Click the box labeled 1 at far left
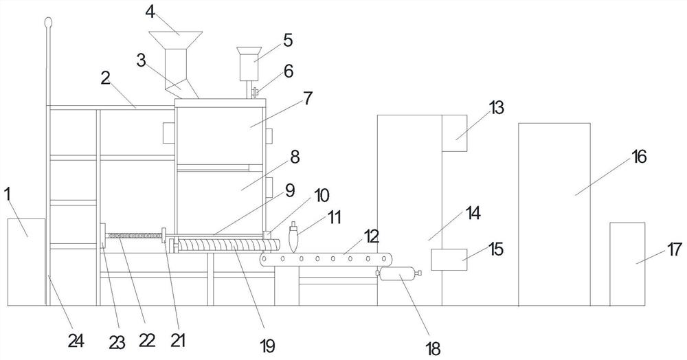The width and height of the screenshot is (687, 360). (x=26, y=261)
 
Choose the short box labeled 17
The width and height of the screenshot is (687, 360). (x=627, y=264)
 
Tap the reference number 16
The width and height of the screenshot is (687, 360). (x=639, y=157)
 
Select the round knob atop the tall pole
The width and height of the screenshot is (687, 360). (x=47, y=23)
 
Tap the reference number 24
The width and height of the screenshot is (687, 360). (x=76, y=339)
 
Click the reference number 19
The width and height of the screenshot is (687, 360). (x=268, y=346)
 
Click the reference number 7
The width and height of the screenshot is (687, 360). (x=306, y=98)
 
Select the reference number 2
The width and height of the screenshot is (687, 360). (x=105, y=76)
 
